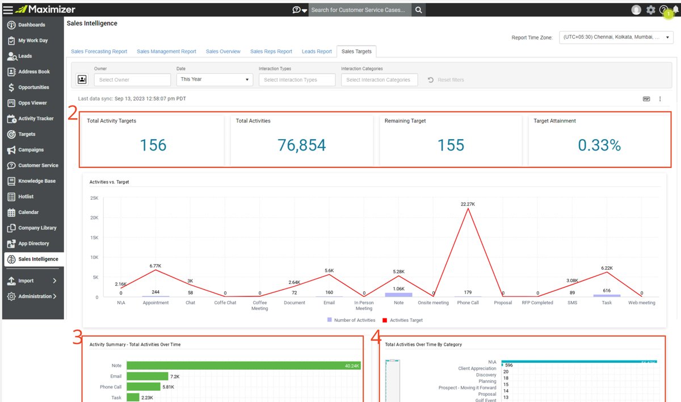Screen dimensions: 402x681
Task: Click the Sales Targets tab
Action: tap(356, 52)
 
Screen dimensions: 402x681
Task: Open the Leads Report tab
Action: tap(317, 52)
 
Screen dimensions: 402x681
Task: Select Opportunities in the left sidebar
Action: tap(33, 87)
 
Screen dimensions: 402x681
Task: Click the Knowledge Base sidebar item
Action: tap(36, 181)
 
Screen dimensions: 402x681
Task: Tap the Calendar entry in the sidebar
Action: tap(28, 212)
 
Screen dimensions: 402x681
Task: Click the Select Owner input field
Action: tap(132, 80)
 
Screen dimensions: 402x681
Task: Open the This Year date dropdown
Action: tap(215, 79)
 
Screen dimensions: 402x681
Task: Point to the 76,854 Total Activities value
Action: tap(301, 145)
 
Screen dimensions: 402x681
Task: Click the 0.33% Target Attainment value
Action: tap(599, 145)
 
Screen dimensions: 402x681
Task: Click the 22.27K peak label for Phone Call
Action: tap(468, 203)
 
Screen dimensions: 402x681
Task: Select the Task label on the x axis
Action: tap(607, 303)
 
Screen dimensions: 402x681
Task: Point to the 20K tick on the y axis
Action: tap(94, 217)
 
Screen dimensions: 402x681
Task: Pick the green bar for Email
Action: tap(148, 376)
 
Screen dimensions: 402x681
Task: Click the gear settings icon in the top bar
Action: tap(651, 10)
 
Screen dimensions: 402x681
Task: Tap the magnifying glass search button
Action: tap(418, 10)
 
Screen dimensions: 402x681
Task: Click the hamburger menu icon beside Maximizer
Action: tap(8, 10)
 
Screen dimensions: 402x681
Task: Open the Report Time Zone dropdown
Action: tap(616, 37)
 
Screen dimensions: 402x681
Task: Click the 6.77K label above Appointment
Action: tap(156, 266)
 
